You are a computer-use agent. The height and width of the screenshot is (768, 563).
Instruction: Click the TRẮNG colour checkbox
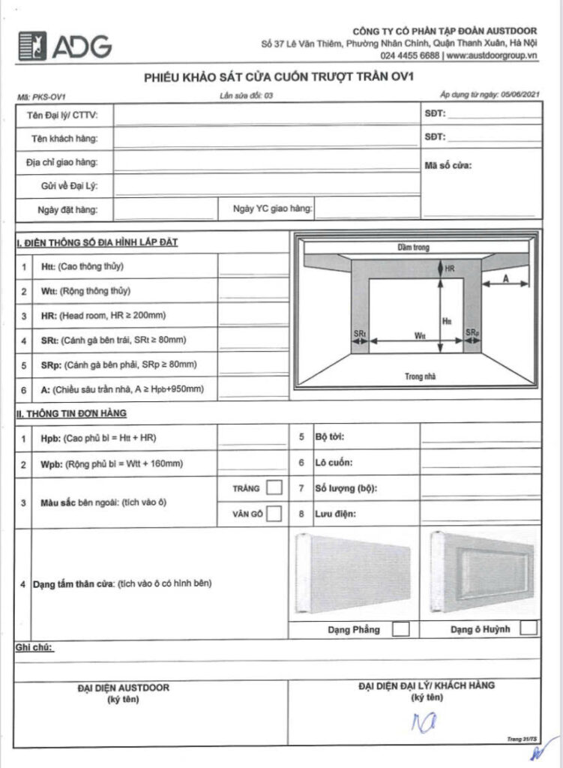coord(274,488)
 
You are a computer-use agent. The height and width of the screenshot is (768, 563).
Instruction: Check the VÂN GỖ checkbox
coord(274,514)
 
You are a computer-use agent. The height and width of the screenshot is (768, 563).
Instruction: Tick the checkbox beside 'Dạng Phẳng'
coord(401,628)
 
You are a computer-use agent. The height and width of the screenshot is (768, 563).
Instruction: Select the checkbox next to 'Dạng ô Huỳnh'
coord(529,628)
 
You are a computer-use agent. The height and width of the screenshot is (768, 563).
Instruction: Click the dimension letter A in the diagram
coord(506,277)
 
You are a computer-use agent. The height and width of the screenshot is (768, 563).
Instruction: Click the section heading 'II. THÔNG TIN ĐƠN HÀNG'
coord(71,413)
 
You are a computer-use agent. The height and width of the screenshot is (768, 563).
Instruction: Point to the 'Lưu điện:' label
coord(335,514)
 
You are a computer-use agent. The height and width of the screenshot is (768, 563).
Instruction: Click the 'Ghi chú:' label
coord(34,647)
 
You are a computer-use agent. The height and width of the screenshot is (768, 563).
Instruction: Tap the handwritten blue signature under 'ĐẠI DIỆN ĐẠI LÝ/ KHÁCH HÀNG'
coord(423,723)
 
